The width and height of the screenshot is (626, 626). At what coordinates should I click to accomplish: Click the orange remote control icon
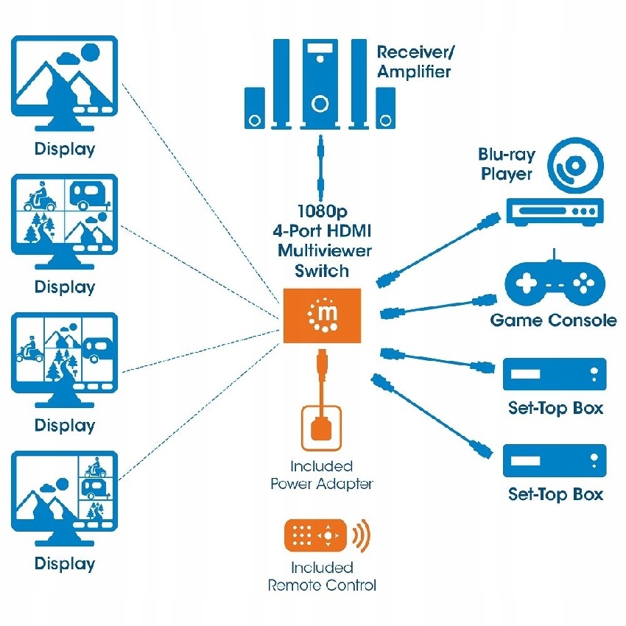click(314, 535)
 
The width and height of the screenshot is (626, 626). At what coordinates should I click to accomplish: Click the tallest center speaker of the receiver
click(320, 84)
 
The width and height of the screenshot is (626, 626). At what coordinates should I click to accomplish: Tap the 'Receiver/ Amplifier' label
click(413, 62)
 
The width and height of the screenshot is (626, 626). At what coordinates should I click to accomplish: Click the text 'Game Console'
click(554, 320)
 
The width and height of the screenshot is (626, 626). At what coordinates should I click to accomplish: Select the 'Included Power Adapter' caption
click(321, 475)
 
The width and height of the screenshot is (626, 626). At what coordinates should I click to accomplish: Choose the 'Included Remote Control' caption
click(322, 577)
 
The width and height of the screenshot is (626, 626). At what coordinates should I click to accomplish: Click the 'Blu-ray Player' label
click(506, 164)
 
